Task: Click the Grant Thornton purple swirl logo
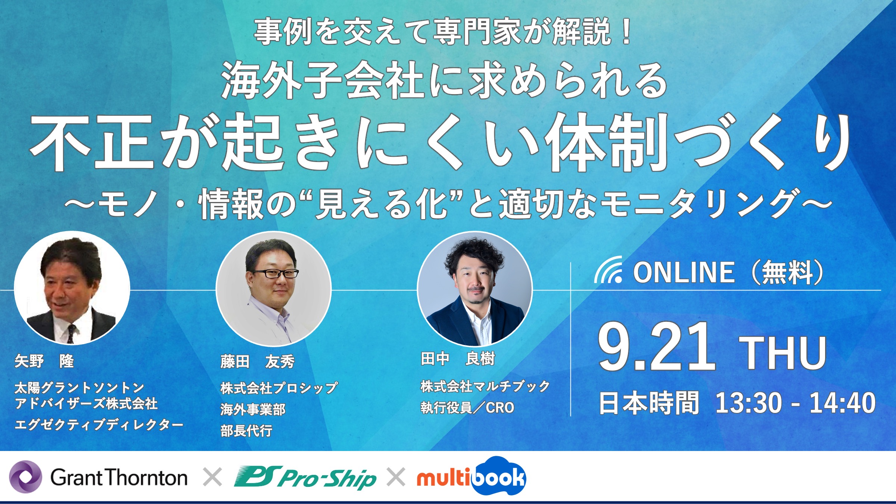25,477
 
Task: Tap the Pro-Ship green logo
305,477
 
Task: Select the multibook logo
472,476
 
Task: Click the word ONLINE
684,272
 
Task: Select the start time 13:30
748,403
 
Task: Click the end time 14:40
842,403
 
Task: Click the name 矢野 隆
44,361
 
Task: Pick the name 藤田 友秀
258,361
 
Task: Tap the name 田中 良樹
458,359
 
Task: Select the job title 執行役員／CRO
467,408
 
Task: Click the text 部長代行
246,431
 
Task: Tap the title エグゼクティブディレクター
99,424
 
